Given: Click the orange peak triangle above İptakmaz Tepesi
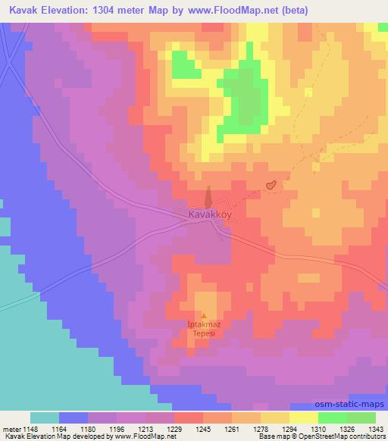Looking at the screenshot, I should point(203,316).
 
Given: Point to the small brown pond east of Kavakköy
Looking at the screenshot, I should point(270,185).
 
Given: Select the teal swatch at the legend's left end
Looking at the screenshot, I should point(45,418).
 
